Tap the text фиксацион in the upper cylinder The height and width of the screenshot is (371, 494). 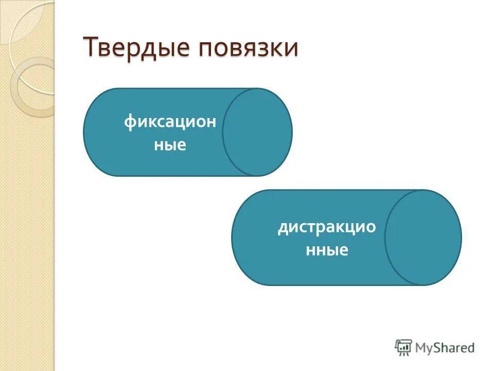coord(170,124)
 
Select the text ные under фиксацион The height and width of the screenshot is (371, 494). coord(170,145)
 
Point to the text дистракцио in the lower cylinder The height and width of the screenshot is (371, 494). coord(327,227)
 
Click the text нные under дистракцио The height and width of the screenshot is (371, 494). coord(327,250)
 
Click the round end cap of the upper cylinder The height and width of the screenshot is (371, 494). coord(257,132)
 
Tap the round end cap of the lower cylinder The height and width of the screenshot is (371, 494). coord(423,238)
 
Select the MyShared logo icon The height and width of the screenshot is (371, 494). coord(403,348)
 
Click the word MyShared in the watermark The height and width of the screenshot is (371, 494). coord(445,348)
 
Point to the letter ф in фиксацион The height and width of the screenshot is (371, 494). coord(129,124)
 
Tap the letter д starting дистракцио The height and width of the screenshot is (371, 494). coord(283,228)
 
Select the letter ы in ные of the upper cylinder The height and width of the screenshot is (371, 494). coord(170,145)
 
